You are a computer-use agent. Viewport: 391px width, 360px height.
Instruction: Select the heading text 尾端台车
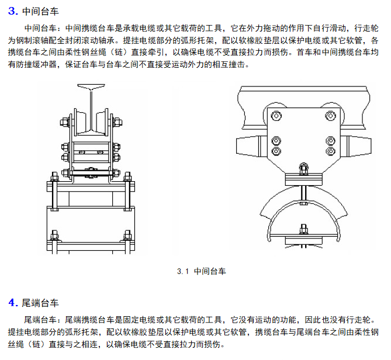click(40, 303)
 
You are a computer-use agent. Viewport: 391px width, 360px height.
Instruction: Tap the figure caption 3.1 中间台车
click(200, 271)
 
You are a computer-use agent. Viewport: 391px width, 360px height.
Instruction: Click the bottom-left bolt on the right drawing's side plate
click(276, 150)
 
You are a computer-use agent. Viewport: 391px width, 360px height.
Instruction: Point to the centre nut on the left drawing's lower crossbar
click(91, 172)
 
